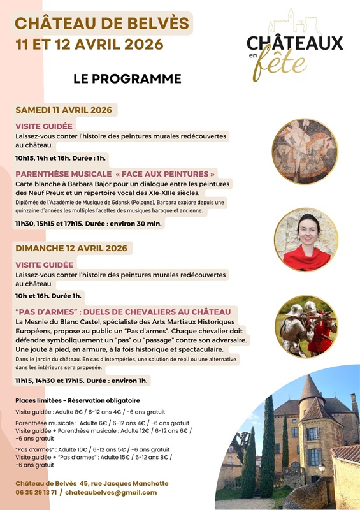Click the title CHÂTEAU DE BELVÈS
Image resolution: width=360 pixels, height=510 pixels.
click(x=102, y=24)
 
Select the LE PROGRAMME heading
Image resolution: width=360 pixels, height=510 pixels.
click(x=127, y=79)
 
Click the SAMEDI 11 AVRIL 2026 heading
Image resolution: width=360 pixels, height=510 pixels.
click(x=64, y=110)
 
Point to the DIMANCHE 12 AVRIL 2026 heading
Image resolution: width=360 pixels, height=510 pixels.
click(x=71, y=248)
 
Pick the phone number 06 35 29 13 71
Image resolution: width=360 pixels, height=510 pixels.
click(x=37, y=492)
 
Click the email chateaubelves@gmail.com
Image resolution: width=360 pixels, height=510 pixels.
click(x=112, y=492)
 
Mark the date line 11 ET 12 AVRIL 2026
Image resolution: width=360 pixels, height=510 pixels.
click(x=89, y=45)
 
